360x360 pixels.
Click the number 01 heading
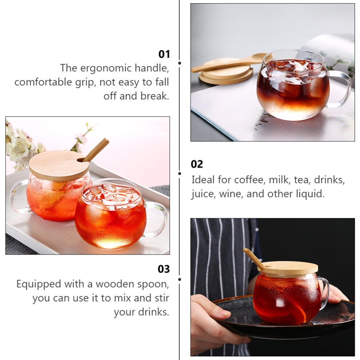[164, 54]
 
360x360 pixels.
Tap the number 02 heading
[197, 164]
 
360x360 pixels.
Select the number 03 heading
[164, 269]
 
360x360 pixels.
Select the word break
[155, 96]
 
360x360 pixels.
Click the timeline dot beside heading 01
[180, 63]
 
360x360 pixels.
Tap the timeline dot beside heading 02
[180, 173]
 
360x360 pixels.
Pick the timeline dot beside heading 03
[180, 279]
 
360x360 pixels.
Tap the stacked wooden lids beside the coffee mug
[226, 71]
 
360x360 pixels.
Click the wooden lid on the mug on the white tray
[59, 165]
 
